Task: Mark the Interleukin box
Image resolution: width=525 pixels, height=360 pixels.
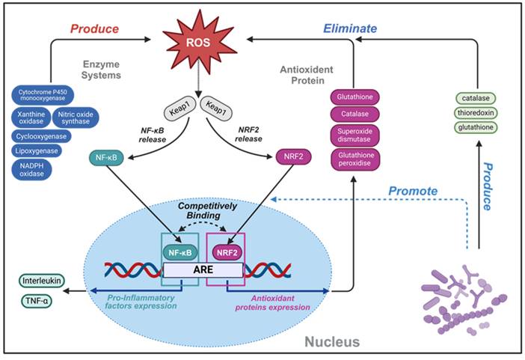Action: click(42, 282)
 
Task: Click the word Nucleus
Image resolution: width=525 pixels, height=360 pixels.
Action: click(333, 341)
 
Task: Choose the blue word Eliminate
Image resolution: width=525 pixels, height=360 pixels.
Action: click(350, 30)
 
